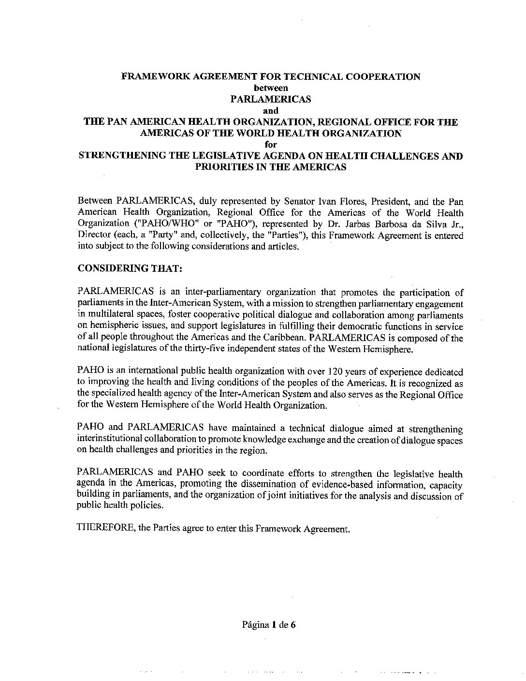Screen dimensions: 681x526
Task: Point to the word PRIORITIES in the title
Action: pyautogui.click(x=219, y=167)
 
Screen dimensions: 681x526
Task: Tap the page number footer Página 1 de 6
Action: pyautogui.click(x=268, y=624)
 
